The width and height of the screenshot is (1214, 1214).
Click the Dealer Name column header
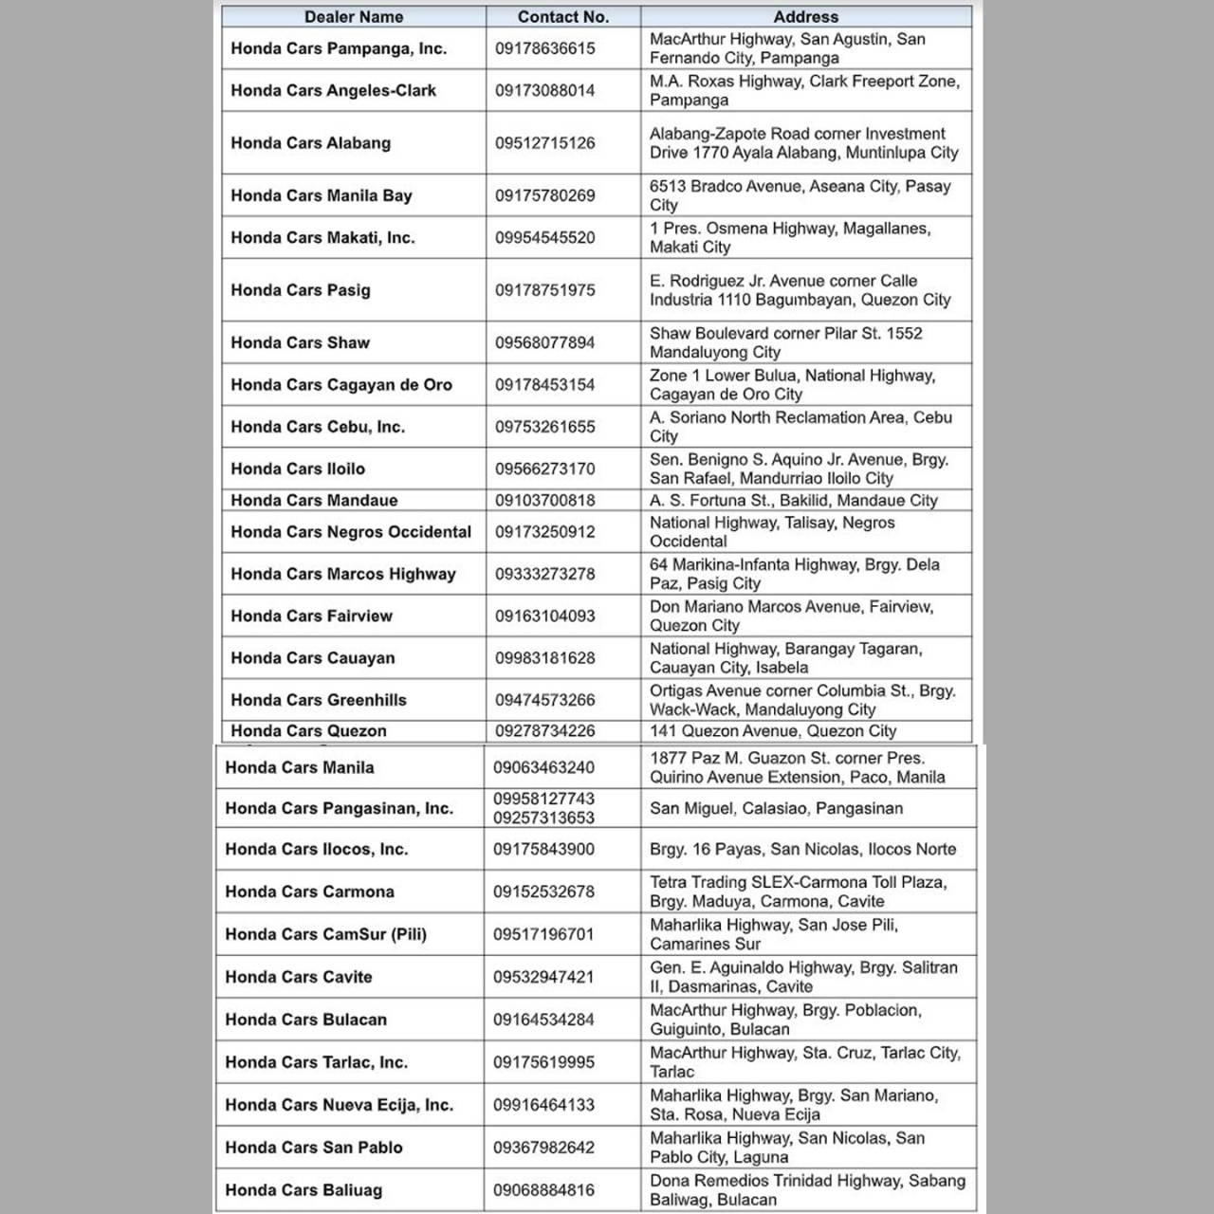(x=354, y=17)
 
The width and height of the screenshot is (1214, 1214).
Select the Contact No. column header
(x=563, y=17)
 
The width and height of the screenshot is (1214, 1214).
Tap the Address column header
(x=805, y=17)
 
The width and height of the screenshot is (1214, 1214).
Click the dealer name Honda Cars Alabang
(x=310, y=143)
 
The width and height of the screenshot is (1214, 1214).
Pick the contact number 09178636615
(x=544, y=48)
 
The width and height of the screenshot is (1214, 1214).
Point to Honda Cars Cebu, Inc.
(x=318, y=427)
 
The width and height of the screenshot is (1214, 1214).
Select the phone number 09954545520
(x=544, y=237)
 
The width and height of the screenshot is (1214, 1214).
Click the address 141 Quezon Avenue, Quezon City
(x=772, y=731)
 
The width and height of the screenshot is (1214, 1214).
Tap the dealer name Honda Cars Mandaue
(x=314, y=500)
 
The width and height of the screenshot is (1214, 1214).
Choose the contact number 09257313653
(x=543, y=818)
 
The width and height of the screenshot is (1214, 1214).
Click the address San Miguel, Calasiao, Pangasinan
(x=776, y=808)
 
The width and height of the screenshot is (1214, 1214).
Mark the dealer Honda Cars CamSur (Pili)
(x=325, y=934)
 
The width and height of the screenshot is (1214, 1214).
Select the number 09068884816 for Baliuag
(x=543, y=1189)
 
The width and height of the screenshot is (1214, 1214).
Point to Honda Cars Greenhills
(x=318, y=700)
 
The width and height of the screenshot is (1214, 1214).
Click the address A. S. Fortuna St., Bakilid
(x=793, y=500)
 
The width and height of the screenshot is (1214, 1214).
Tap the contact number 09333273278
(x=544, y=574)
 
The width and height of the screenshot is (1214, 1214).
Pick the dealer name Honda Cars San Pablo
(x=313, y=1147)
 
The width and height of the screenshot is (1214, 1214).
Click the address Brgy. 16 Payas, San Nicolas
(x=802, y=849)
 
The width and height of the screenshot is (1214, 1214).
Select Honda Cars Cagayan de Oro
(x=340, y=385)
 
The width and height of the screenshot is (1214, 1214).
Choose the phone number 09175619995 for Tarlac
(x=543, y=1062)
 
